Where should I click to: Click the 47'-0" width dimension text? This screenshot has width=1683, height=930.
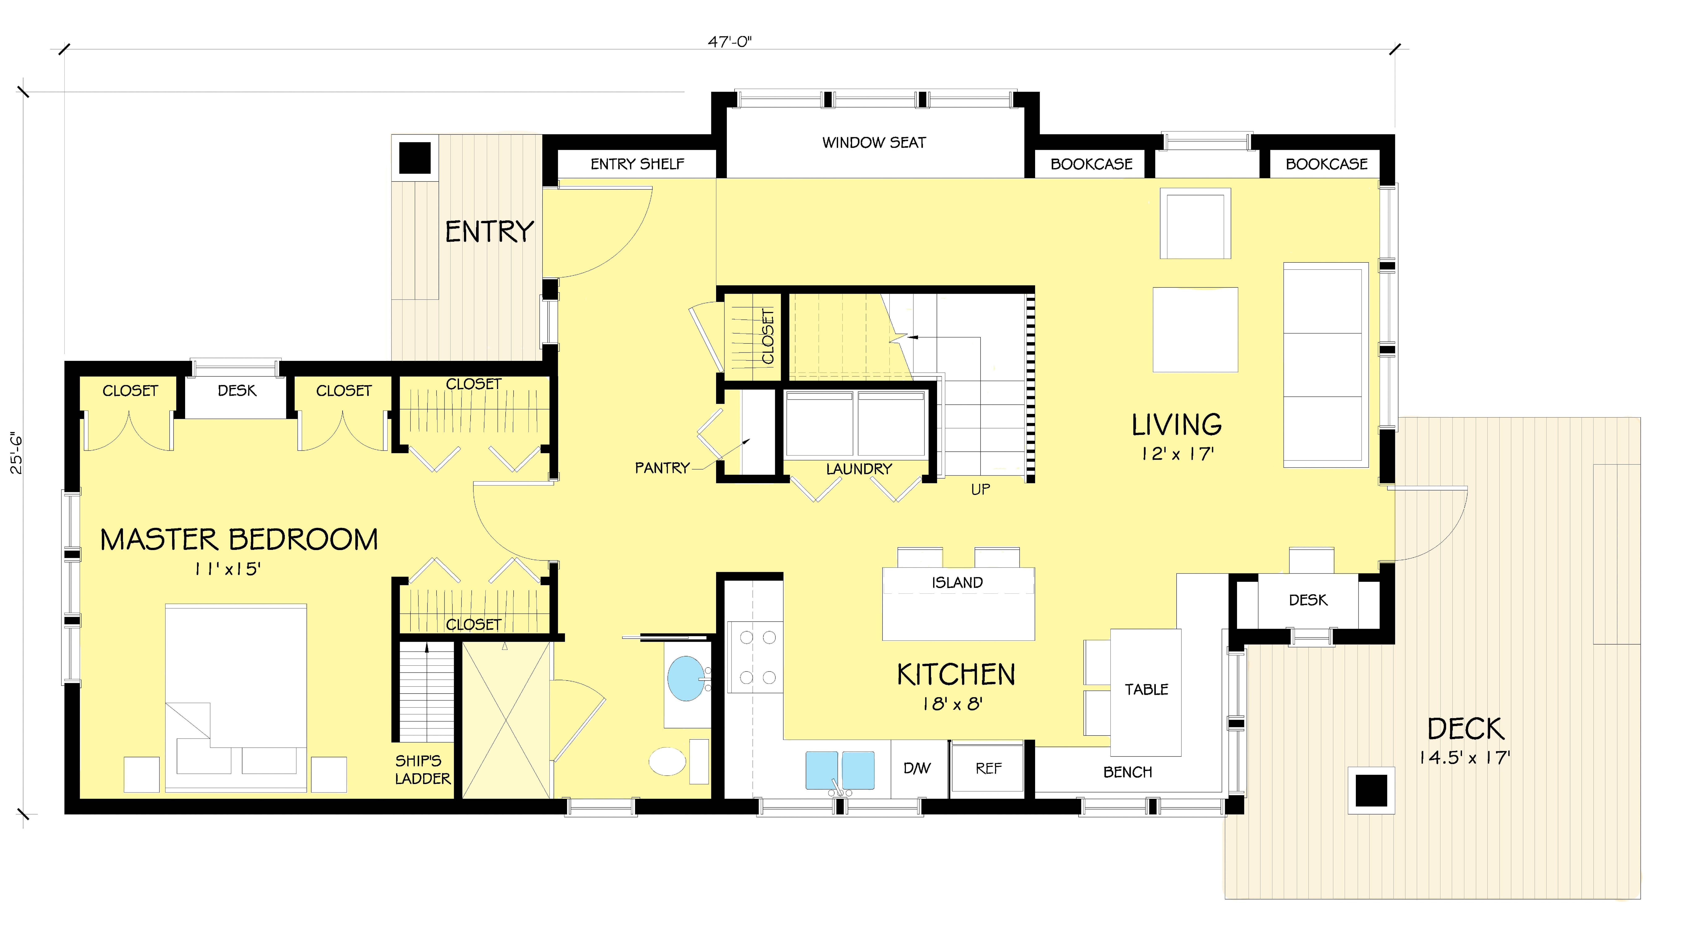coord(730,42)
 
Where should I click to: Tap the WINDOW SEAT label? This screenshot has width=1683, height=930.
coord(874,142)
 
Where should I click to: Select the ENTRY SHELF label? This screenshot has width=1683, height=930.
coord(637,164)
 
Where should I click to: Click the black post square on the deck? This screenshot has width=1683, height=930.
coord(1371,790)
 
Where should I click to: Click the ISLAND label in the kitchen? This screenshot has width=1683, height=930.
coord(957,583)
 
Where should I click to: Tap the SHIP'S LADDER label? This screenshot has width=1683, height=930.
coord(422,769)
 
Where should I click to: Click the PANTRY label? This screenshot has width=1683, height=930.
coord(662,468)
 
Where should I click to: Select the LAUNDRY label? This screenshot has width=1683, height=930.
coord(858,469)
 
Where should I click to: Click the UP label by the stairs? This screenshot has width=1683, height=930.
coord(980,489)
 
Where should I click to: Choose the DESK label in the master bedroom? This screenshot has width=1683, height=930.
coord(237,391)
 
